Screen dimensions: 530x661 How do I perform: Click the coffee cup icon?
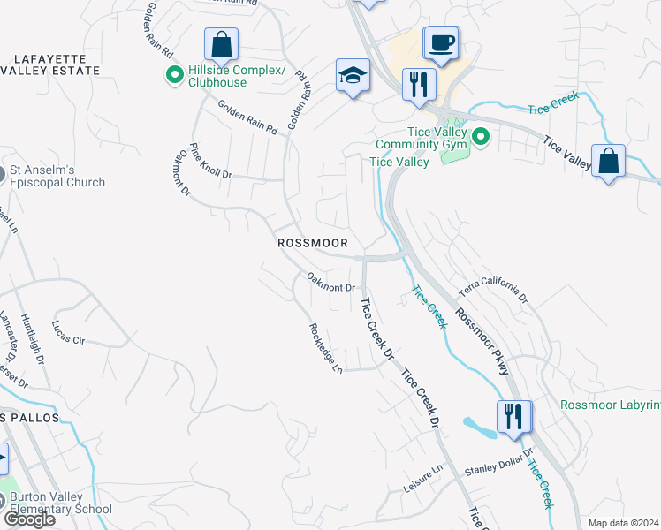(441, 42)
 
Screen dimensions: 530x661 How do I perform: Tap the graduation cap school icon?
(352, 76)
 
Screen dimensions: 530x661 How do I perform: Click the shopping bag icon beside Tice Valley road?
(608, 162)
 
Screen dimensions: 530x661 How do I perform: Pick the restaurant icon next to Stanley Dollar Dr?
(513, 415)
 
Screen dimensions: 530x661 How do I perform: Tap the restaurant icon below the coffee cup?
(418, 85)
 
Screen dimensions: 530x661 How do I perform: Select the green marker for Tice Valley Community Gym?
(481, 137)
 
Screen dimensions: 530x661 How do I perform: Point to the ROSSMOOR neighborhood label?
(312, 242)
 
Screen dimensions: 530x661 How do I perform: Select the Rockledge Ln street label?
(325, 347)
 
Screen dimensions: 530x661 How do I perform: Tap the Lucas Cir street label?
(68, 332)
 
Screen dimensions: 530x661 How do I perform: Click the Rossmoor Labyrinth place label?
(610, 405)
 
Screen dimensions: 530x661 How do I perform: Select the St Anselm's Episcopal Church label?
(57, 177)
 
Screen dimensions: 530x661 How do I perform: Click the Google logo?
(29, 519)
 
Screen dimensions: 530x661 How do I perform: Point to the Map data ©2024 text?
(623, 523)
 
